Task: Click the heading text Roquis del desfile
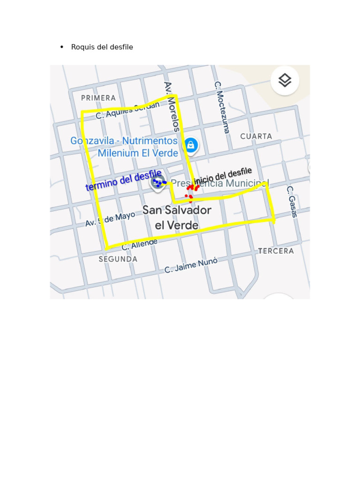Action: pos(102,47)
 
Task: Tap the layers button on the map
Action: pos(285,81)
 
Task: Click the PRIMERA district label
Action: pos(98,98)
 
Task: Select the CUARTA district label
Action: pos(256,136)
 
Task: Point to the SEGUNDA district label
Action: pos(118,259)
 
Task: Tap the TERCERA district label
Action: pos(276,251)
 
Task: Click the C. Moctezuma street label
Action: pos(222,107)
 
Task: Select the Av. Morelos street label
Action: pos(172,106)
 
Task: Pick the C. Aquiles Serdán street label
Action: pos(127,111)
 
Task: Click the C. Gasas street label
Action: pos(292,202)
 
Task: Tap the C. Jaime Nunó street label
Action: pos(191,265)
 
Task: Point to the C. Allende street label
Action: pos(140,244)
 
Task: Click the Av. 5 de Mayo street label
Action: pos(110,219)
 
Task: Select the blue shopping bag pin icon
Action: pos(191,145)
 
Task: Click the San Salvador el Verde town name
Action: pos(177,217)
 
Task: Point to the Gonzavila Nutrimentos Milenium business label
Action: pos(125,147)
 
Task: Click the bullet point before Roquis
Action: pos(62,47)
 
